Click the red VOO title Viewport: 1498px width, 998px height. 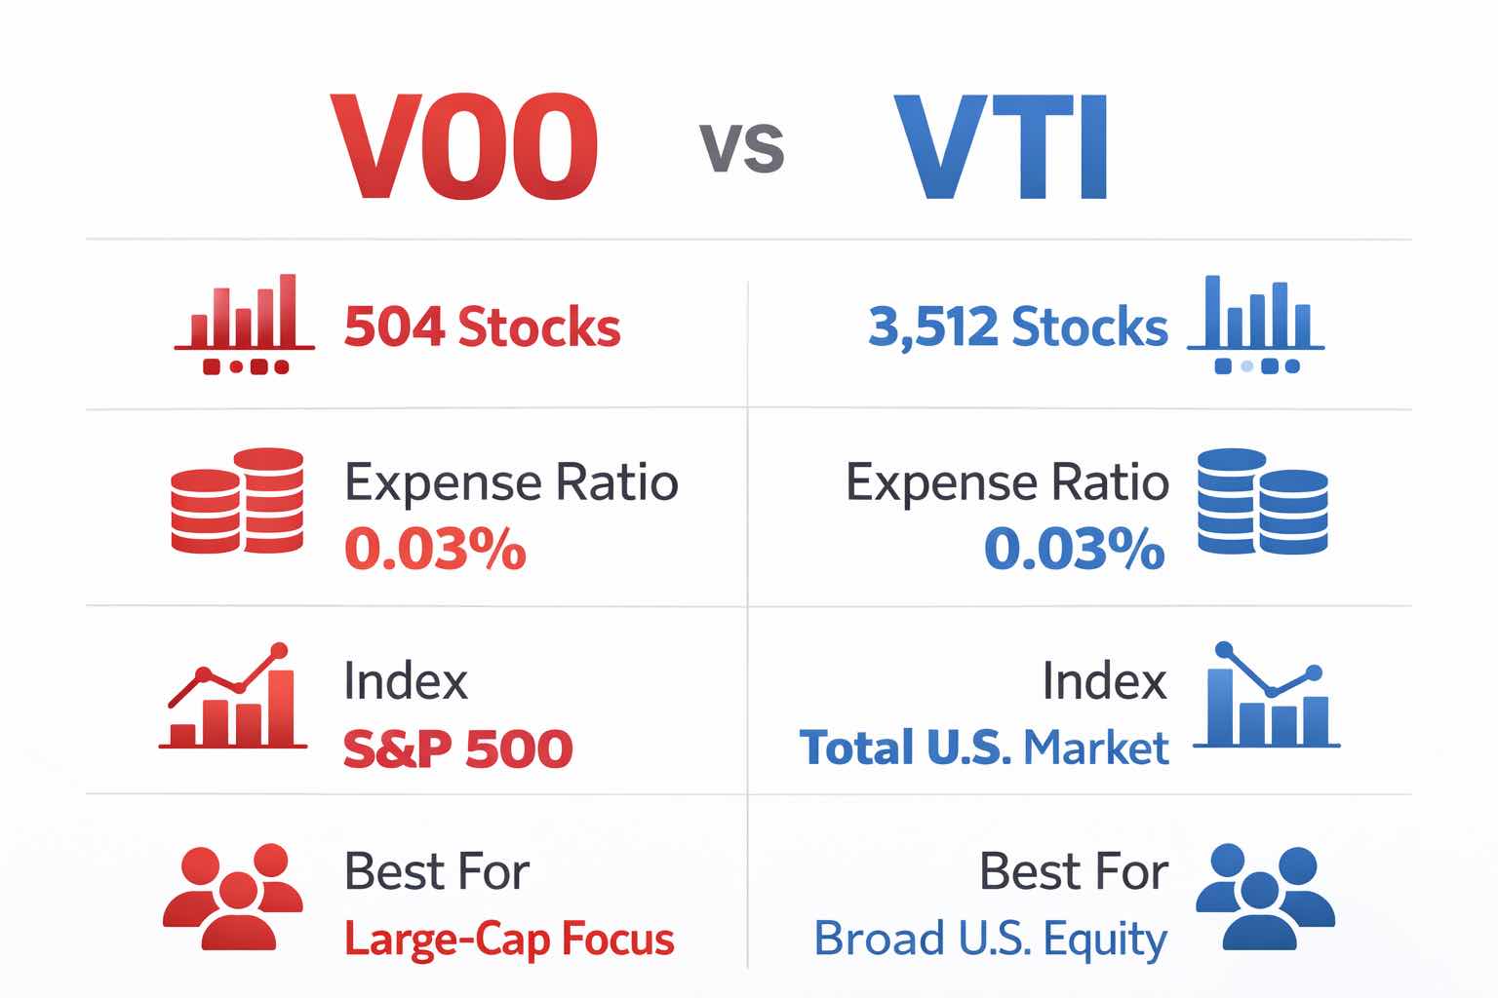pyautogui.click(x=464, y=148)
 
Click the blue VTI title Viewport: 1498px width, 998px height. pyautogui.click(x=1003, y=148)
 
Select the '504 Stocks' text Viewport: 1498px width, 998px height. pyautogui.click(x=482, y=327)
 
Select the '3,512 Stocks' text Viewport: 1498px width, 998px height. pyautogui.click(x=1017, y=327)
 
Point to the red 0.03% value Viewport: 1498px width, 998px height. pyautogui.click(x=435, y=549)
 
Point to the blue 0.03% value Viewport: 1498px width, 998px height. pyautogui.click(x=1074, y=549)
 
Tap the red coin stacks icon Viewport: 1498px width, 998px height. pyautogui.click(x=237, y=501)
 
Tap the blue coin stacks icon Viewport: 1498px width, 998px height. pyautogui.click(x=1262, y=501)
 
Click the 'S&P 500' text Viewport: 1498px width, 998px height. pyautogui.click(x=457, y=748)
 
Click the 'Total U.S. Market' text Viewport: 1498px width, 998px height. pyautogui.click(x=984, y=748)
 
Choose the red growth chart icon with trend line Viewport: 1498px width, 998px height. pyautogui.click(x=233, y=697)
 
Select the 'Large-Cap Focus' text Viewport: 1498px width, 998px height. pyautogui.click(x=509, y=940)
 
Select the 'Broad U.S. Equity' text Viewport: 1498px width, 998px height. pyautogui.click(x=990, y=940)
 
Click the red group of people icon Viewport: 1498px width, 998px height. pyautogui.click(x=232, y=897)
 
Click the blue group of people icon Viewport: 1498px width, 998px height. pyautogui.click(x=1264, y=897)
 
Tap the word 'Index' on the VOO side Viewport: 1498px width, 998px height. pyautogui.click(x=406, y=681)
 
